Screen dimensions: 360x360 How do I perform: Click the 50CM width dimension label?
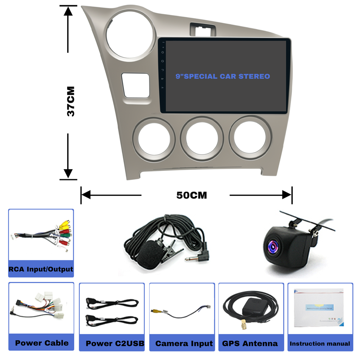click(x=192, y=195)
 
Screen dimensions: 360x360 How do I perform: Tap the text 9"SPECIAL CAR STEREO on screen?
click(x=223, y=76)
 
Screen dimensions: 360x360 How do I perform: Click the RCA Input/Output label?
click(x=41, y=269)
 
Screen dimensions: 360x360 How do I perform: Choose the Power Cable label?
click(x=42, y=343)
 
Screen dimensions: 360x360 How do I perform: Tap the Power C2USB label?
click(x=115, y=343)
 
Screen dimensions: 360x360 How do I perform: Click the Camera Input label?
click(x=184, y=343)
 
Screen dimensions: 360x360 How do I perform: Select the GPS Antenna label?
click(x=250, y=343)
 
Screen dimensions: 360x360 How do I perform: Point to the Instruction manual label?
click(x=320, y=343)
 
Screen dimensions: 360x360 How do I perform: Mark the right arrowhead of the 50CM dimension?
click(x=287, y=195)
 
